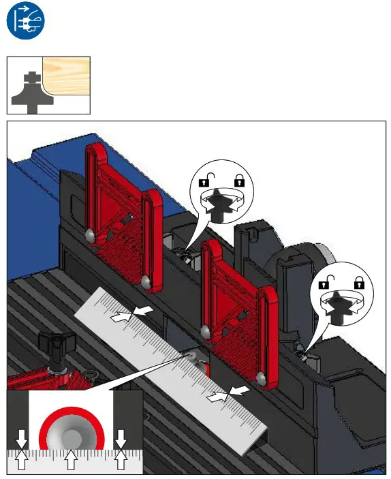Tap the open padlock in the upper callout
tap(204, 181)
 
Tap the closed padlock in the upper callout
tap(239, 181)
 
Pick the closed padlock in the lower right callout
tap(359, 281)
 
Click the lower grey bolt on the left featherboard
tap(145, 281)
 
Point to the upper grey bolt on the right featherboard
tap(205, 331)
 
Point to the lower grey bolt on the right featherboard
tap(261, 376)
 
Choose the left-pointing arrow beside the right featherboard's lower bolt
tap(239, 391)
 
